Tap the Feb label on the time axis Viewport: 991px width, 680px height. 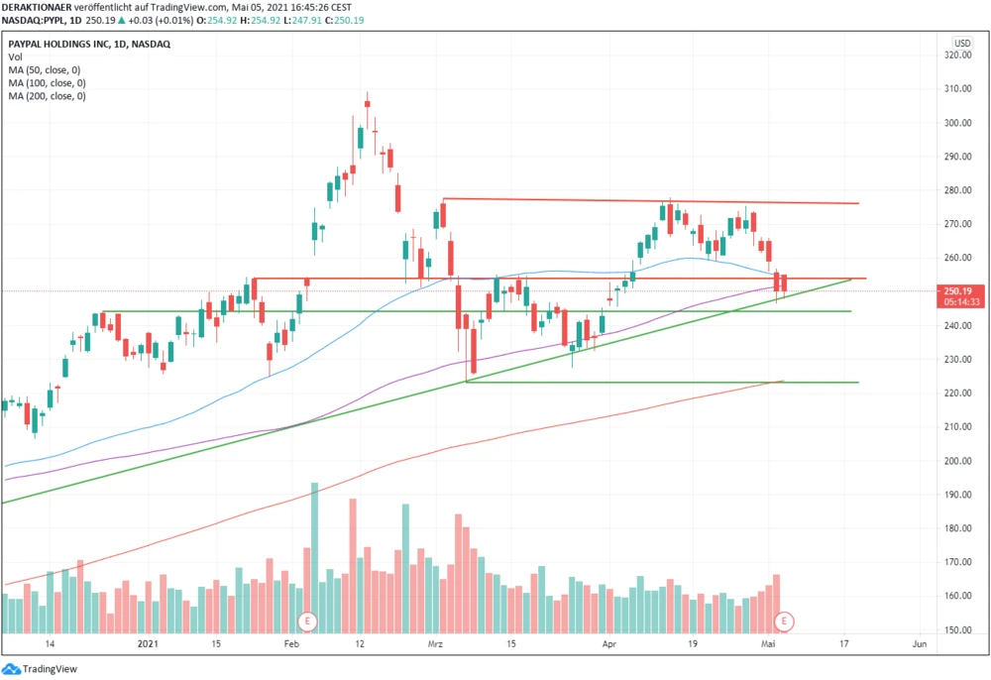click(291, 644)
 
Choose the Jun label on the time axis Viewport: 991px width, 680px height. click(919, 644)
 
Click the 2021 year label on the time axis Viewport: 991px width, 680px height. click(148, 644)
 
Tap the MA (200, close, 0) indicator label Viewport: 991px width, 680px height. click(47, 97)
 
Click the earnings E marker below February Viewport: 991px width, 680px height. click(308, 622)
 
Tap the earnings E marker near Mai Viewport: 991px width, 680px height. click(785, 622)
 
